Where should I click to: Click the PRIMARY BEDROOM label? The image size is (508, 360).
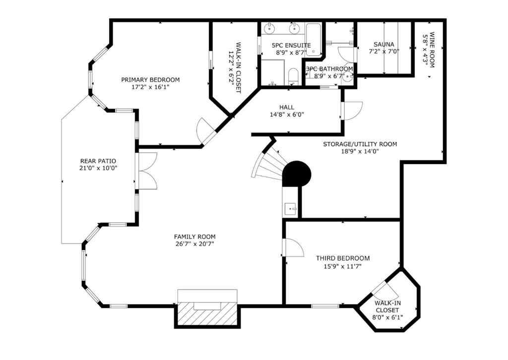(150, 80)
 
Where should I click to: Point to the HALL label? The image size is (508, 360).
(286, 107)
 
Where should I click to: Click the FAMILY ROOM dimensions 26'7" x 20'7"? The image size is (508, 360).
(194, 244)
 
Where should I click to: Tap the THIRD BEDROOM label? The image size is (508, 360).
(343, 258)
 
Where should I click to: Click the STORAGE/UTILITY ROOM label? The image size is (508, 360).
(360, 144)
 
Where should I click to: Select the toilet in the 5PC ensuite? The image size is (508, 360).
(293, 76)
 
